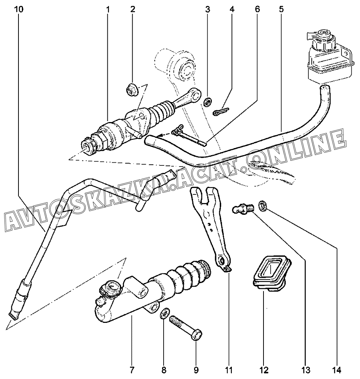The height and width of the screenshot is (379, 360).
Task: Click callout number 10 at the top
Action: point(19,10)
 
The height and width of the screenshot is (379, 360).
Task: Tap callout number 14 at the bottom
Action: point(337,370)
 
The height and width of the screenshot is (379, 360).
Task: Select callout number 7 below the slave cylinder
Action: point(132,370)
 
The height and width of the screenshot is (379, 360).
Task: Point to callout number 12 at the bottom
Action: point(263,370)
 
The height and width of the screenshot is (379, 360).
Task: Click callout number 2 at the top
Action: point(132,10)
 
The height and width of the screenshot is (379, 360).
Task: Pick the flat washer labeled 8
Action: point(165,313)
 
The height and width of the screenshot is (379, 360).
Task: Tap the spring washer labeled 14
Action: point(262,205)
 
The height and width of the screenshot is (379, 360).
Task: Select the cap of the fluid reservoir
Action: point(322,37)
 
